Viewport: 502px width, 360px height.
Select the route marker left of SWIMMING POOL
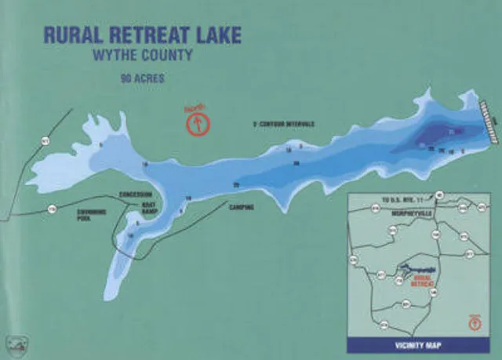(52, 209)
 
